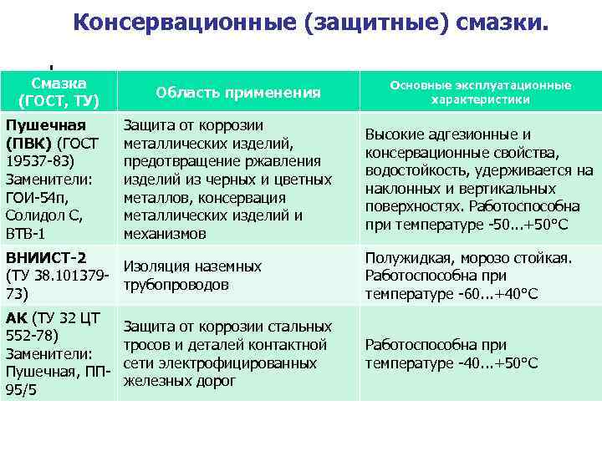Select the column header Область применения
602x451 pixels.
(x=238, y=93)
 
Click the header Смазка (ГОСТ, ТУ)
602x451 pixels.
(x=59, y=92)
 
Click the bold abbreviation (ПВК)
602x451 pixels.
(x=28, y=143)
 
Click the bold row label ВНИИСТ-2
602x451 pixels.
(x=46, y=257)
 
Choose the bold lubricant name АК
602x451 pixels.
(x=16, y=317)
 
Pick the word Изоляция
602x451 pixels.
(x=156, y=266)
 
